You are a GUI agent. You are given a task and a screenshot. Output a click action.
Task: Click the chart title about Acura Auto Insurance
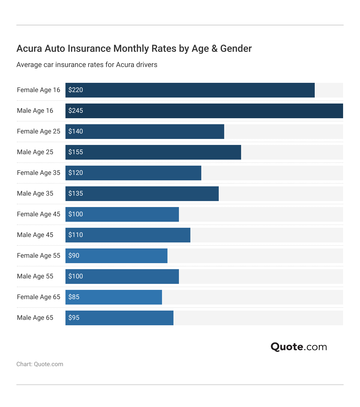click(x=134, y=48)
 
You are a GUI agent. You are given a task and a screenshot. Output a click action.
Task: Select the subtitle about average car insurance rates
click(x=87, y=65)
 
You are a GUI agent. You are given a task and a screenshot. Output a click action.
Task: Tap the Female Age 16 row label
click(x=38, y=90)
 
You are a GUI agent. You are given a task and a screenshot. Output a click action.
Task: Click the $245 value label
click(x=76, y=111)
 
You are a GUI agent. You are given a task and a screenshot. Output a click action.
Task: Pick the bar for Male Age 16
click(x=204, y=111)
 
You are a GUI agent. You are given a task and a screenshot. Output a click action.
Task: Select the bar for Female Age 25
click(x=145, y=132)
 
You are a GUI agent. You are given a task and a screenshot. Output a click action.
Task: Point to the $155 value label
click(x=76, y=152)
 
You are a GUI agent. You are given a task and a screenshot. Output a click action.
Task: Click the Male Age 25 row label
click(x=35, y=152)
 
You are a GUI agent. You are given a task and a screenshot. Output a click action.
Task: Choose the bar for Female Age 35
click(x=133, y=173)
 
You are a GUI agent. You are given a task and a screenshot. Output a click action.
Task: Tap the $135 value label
click(x=76, y=193)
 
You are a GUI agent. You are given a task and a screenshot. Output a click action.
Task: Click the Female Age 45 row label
click(x=38, y=214)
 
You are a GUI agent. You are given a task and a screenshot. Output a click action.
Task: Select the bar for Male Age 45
click(x=128, y=235)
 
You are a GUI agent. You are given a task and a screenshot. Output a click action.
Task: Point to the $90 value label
click(x=74, y=256)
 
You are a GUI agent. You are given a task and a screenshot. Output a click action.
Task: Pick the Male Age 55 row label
click(x=35, y=276)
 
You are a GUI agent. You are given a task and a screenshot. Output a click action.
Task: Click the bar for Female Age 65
click(x=113, y=297)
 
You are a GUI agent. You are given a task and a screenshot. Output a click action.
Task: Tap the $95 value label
click(x=74, y=318)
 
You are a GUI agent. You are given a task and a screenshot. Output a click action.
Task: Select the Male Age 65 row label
click(x=35, y=318)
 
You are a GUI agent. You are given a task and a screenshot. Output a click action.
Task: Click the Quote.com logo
click(x=299, y=347)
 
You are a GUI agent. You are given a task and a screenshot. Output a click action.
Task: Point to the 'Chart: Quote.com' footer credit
click(x=40, y=364)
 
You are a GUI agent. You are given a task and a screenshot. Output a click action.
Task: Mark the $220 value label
click(x=76, y=90)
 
